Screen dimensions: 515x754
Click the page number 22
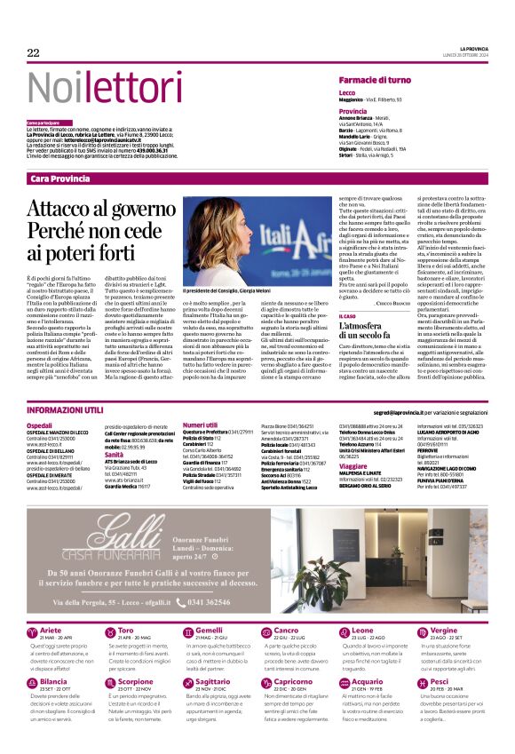[34, 53]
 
